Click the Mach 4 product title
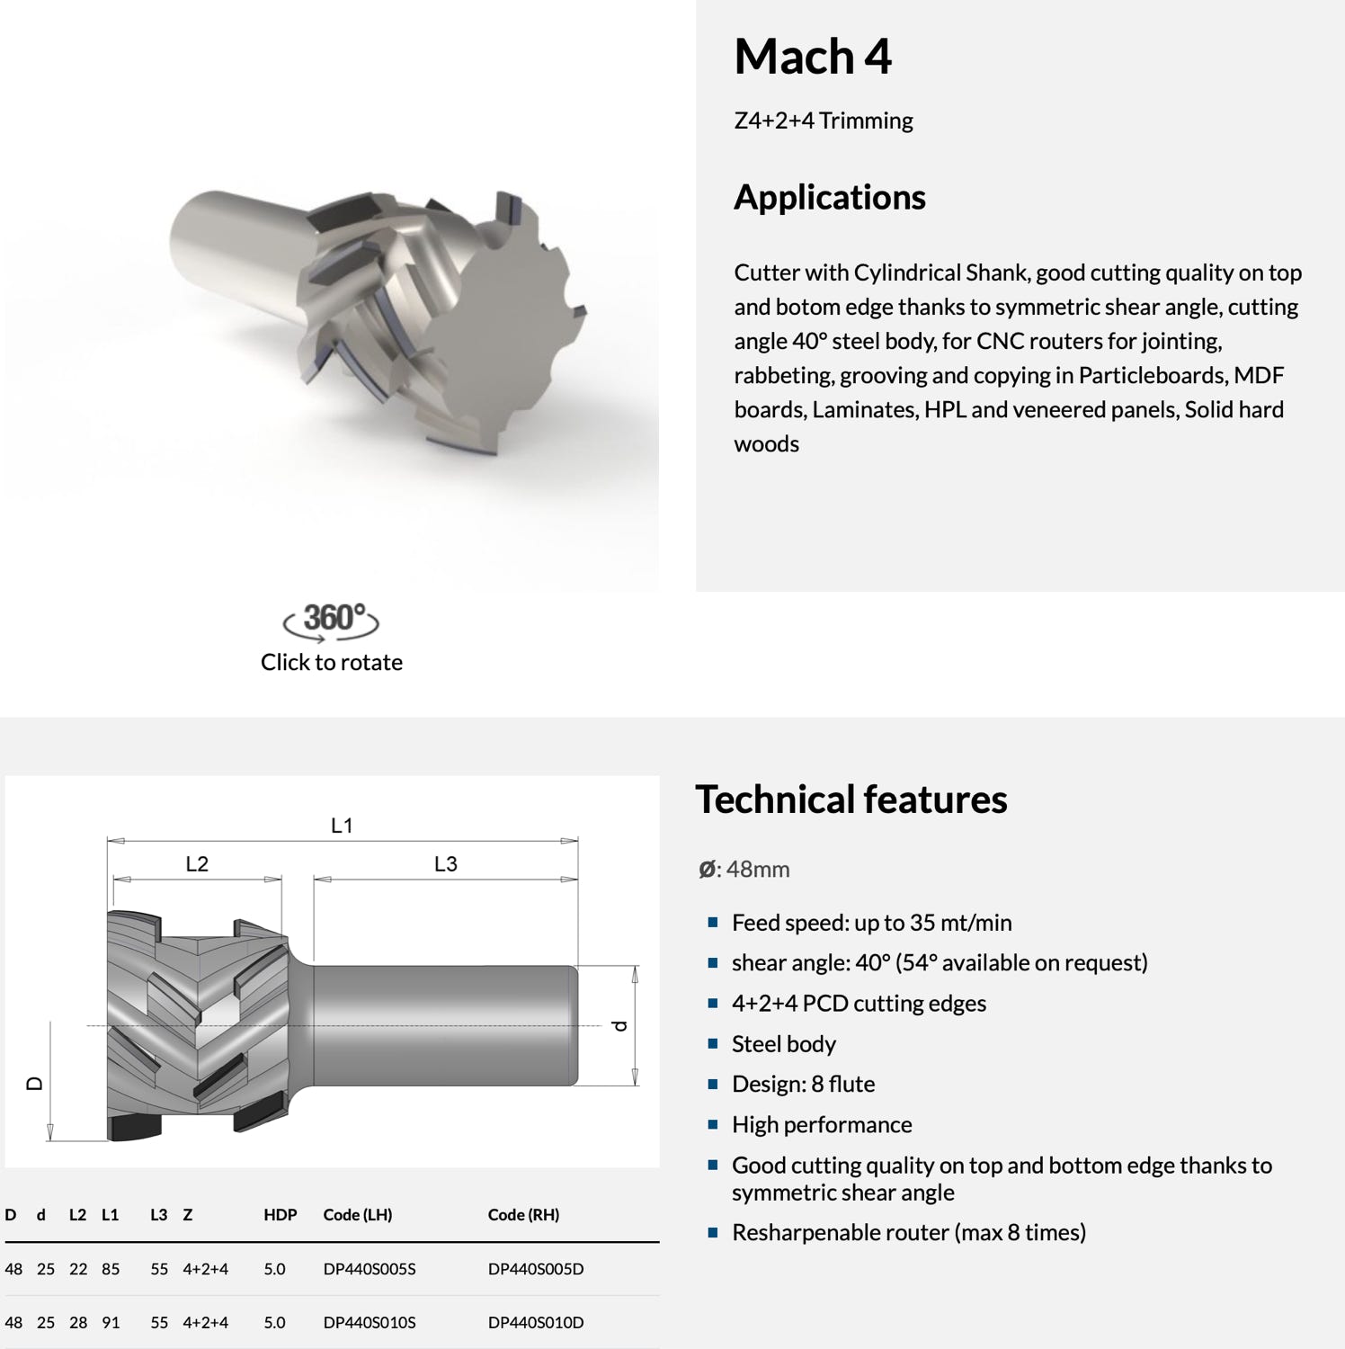812,57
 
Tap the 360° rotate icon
332,621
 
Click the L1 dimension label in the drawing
342,826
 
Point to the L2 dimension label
197,864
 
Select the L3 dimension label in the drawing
446,864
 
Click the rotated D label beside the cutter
35,1084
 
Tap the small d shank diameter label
619,1025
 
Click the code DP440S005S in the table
369,1269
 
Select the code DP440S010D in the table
535,1322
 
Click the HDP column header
280,1215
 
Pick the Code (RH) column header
523,1215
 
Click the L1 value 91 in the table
111,1322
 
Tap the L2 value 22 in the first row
78,1269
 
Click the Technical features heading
851,800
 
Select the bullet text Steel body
783,1044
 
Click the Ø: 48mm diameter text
744,870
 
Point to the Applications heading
829,197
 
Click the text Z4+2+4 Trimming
823,121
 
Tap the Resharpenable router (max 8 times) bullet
908,1232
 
